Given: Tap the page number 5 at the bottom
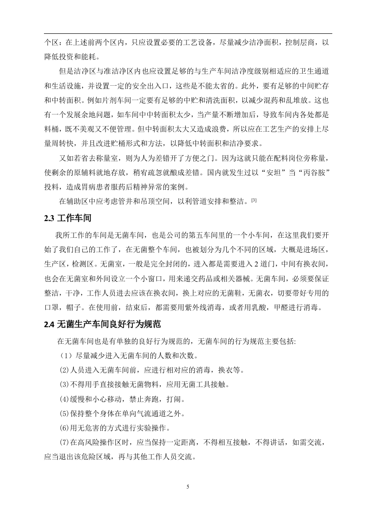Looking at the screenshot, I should pos(187,487).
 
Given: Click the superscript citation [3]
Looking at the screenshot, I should pos(253,200).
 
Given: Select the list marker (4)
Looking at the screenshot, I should pos(64,399).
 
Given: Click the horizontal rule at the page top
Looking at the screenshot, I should pos(187,33).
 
